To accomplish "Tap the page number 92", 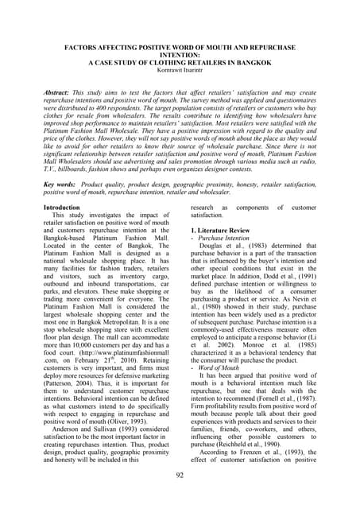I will [x=180, y=476].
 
